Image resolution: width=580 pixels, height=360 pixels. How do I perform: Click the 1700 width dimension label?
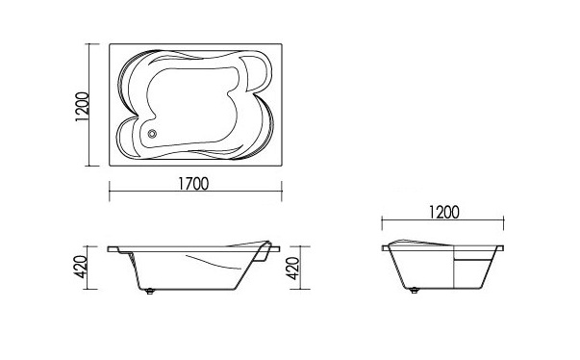pyautogui.click(x=193, y=184)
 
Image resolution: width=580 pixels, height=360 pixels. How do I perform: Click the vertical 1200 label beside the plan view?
pyautogui.click(x=82, y=107)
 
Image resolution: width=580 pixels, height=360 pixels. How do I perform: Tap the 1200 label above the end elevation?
pyautogui.click(x=443, y=213)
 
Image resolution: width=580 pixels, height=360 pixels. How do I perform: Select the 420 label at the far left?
pyautogui.click(x=81, y=268)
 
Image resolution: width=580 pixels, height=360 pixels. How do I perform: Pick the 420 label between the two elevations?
pyautogui.click(x=293, y=269)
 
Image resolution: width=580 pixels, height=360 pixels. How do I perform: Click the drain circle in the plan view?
pyautogui.click(x=152, y=134)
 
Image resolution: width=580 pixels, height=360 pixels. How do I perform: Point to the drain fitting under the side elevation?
pyautogui.click(x=149, y=292)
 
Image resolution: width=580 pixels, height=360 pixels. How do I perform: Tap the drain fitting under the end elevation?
pyautogui.click(x=415, y=291)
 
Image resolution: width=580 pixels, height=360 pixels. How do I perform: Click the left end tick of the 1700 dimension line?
pyautogui.click(x=110, y=192)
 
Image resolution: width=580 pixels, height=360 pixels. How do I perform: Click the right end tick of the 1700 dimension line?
pyautogui.click(x=282, y=192)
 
